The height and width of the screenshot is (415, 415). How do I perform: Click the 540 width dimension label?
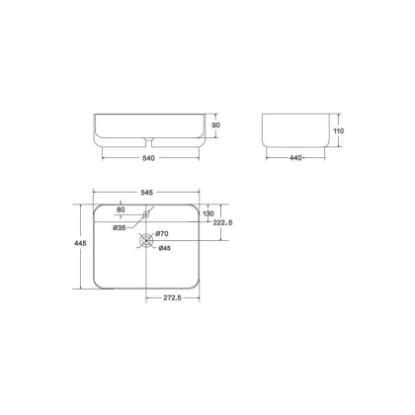(x=148, y=158)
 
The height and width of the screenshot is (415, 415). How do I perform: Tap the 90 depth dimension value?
(x=216, y=125)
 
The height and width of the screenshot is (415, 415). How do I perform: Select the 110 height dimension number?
(x=338, y=130)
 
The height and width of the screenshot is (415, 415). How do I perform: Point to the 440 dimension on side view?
(x=295, y=158)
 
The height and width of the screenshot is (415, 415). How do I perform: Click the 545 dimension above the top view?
(x=147, y=193)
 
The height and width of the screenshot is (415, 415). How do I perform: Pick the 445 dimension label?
(x=80, y=243)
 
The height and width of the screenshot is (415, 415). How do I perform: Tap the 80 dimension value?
(x=121, y=209)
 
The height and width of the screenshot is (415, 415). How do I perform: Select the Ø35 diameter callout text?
(x=120, y=227)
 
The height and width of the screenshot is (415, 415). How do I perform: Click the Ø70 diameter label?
(x=162, y=234)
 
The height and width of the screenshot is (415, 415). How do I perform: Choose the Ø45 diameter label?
(x=164, y=248)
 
